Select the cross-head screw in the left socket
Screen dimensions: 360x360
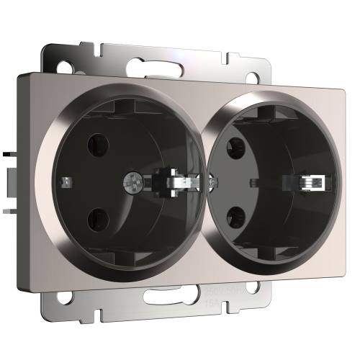click(x=133, y=175)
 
